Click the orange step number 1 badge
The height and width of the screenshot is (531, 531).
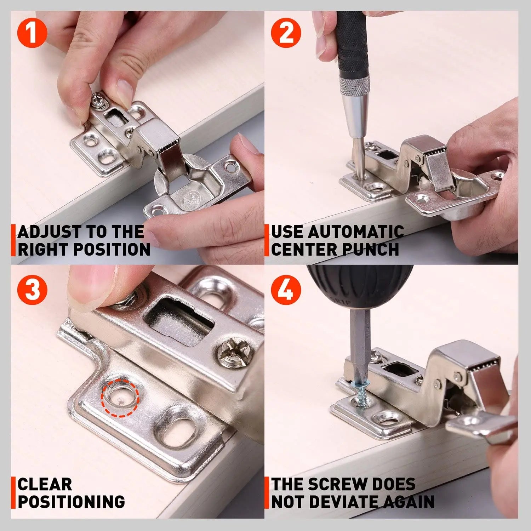(32, 33)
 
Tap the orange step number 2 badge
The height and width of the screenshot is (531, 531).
(286, 33)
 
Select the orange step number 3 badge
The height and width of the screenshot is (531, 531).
(32, 290)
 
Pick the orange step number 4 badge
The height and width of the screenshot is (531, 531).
(286, 290)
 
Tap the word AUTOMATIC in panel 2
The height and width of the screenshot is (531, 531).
(356, 232)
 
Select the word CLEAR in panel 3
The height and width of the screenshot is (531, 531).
(45, 484)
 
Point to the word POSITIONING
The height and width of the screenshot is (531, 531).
(71, 502)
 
